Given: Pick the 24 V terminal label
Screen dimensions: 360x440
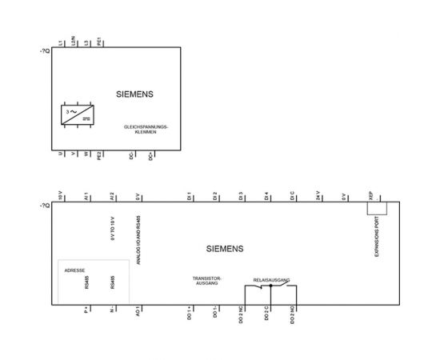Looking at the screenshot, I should pyautogui.click(x=318, y=196).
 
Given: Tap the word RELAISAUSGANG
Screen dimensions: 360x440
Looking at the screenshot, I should pyautogui.click(x=271, y=281).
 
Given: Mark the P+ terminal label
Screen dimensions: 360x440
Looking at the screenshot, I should pyautogui.click(x=86, y=308).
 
